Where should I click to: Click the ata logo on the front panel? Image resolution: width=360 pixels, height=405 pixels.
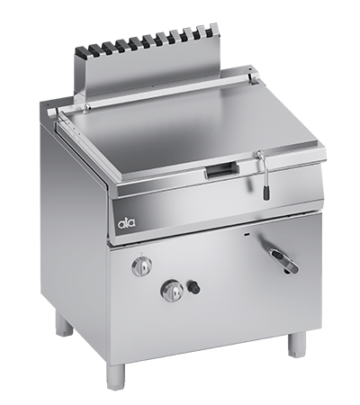coord(126,222)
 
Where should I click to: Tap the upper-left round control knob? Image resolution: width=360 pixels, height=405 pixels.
coord(141,265)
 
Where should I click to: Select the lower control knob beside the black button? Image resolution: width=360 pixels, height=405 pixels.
coord(172,289)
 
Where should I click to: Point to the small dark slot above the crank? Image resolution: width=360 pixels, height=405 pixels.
coord(247,234)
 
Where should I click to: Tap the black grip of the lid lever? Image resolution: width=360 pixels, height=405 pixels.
coord(265,192)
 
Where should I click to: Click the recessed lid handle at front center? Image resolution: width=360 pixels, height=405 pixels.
coord(222,169)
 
